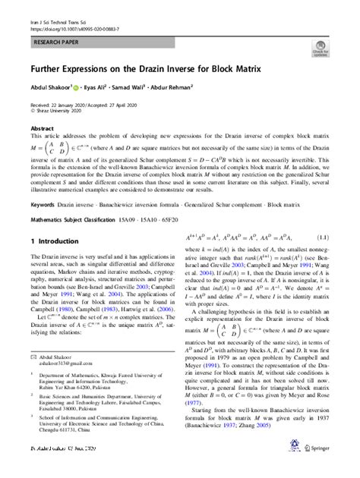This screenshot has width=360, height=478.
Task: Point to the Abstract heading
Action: [x=42, y=129]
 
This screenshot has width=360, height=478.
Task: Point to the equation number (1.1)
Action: [x=322, y=238]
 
